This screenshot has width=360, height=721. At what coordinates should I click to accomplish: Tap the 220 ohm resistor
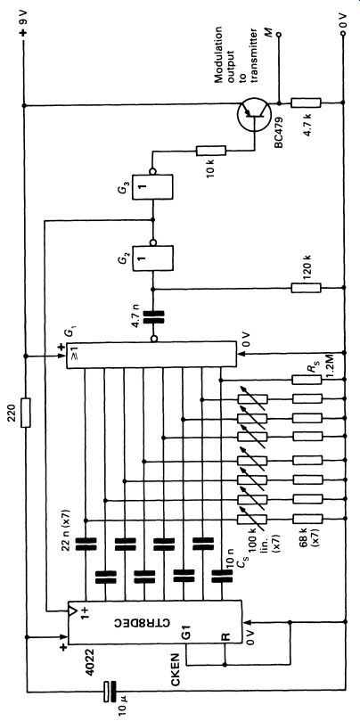tap(26, 413)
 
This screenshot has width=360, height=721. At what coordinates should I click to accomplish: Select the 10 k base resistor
tap(211, 151)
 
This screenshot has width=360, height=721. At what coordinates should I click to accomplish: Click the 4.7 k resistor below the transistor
tap(307, 102)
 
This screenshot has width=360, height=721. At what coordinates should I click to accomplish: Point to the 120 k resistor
tap(307, 288)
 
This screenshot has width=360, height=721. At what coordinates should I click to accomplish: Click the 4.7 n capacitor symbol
tap(153, 317)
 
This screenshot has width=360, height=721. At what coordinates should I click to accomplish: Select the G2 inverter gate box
tap(152, 259)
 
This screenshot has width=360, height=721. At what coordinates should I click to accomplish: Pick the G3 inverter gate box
tap(152, 186)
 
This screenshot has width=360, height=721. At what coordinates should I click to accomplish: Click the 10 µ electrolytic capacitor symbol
tap(110, 691)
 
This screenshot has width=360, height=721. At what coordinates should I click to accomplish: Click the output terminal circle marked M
tap(278, 34)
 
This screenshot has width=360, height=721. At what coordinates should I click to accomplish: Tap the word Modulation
tap(219, 54)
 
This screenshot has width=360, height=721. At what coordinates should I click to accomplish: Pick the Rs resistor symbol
tap(307, 380)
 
